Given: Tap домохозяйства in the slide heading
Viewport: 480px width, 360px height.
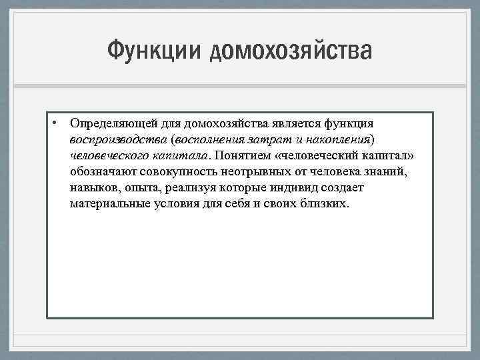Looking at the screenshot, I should click(291, 51).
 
